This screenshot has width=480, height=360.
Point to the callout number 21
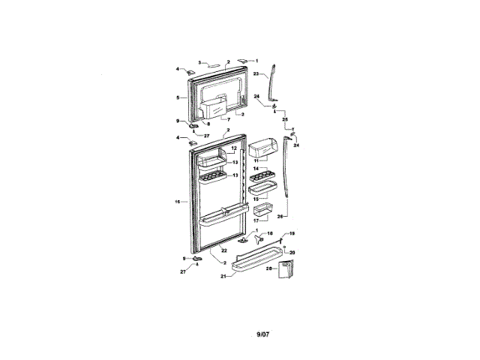223,276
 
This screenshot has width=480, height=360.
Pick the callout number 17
255,220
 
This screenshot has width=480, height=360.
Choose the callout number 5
178,97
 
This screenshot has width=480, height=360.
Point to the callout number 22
223,249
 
